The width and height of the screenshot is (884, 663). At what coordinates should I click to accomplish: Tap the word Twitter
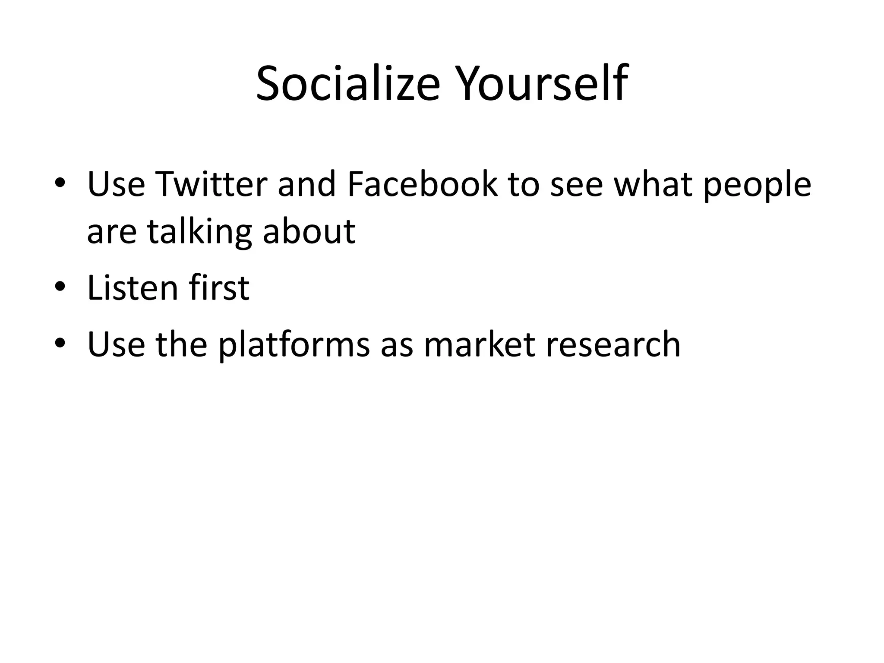pos(211,184)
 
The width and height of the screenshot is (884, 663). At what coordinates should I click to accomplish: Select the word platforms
pos(294,346)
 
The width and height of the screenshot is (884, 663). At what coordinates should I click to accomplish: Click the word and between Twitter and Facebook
pos(306,184)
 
